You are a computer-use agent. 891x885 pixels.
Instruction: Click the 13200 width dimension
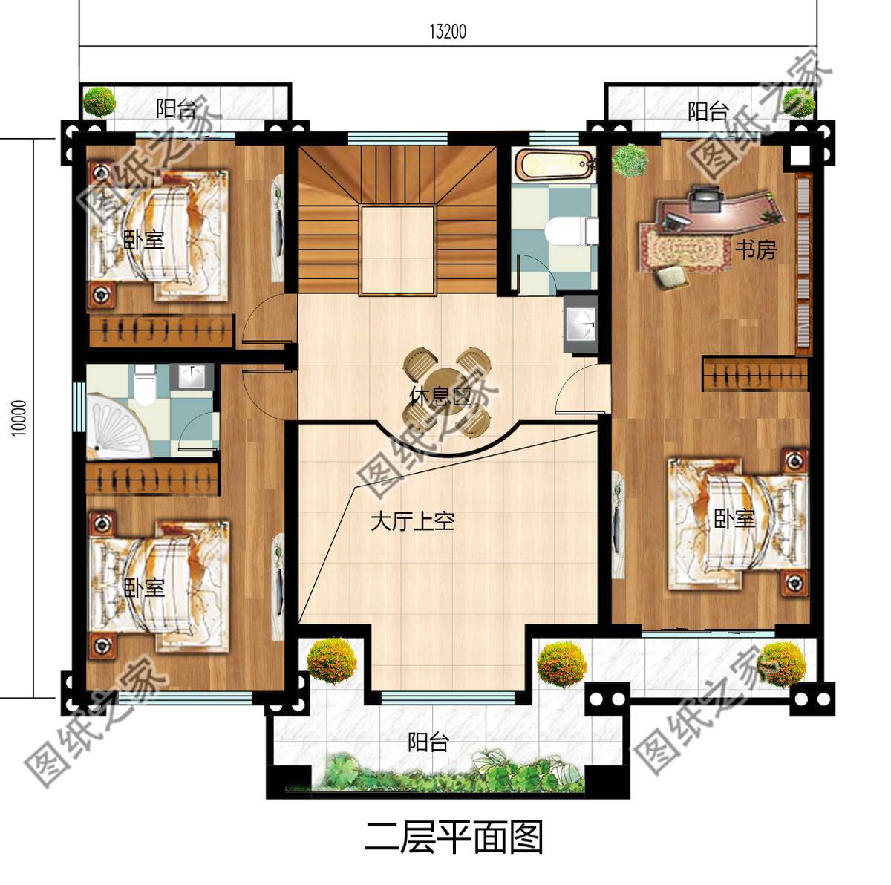pos(448,32)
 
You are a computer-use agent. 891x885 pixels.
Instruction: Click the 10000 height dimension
pos(19,419)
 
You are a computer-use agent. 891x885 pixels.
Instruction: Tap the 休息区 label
pos(440,394)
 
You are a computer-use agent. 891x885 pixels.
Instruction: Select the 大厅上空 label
pos(412,521)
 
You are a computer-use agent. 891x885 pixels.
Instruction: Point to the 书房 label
pos(755,250)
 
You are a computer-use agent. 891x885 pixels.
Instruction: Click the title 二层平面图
pos(454,837)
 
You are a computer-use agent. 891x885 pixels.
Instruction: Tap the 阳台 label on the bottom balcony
pos(428,742)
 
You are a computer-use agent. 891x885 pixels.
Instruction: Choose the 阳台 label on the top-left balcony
pos(176,109)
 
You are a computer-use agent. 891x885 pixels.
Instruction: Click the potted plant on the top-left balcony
pos(99,102)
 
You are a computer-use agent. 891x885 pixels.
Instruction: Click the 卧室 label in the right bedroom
pos(734,519)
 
